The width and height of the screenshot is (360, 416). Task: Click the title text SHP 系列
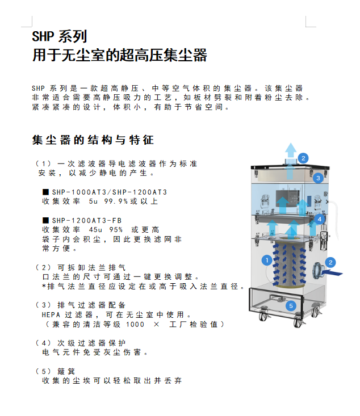click(60, 36)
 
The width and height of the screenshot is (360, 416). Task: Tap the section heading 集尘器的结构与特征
click(93, 140)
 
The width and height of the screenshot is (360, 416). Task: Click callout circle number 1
click(267, 260)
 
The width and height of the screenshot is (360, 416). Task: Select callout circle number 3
click(318, 178)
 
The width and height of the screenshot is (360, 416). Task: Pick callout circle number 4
click(319, 219)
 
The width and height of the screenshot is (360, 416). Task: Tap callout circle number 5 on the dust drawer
click(291, 306)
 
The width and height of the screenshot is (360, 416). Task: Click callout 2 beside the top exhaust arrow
click(303, 158)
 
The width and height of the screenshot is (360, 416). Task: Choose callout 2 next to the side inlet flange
click(330, 262)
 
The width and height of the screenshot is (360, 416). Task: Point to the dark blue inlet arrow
click(332, 272)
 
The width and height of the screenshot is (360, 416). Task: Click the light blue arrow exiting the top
click(291, 154)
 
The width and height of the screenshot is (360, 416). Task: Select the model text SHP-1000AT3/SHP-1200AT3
click(110, 192)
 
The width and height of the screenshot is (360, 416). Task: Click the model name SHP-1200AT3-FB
click(87, 220)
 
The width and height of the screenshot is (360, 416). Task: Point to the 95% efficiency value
click(116, 229)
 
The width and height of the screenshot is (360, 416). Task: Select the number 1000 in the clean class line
click(135, 324)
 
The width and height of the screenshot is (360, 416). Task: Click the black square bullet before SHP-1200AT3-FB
click(45, 220)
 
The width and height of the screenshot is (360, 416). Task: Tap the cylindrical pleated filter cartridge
click(289, 265)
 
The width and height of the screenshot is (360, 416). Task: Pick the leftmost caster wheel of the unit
click(262, 316)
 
